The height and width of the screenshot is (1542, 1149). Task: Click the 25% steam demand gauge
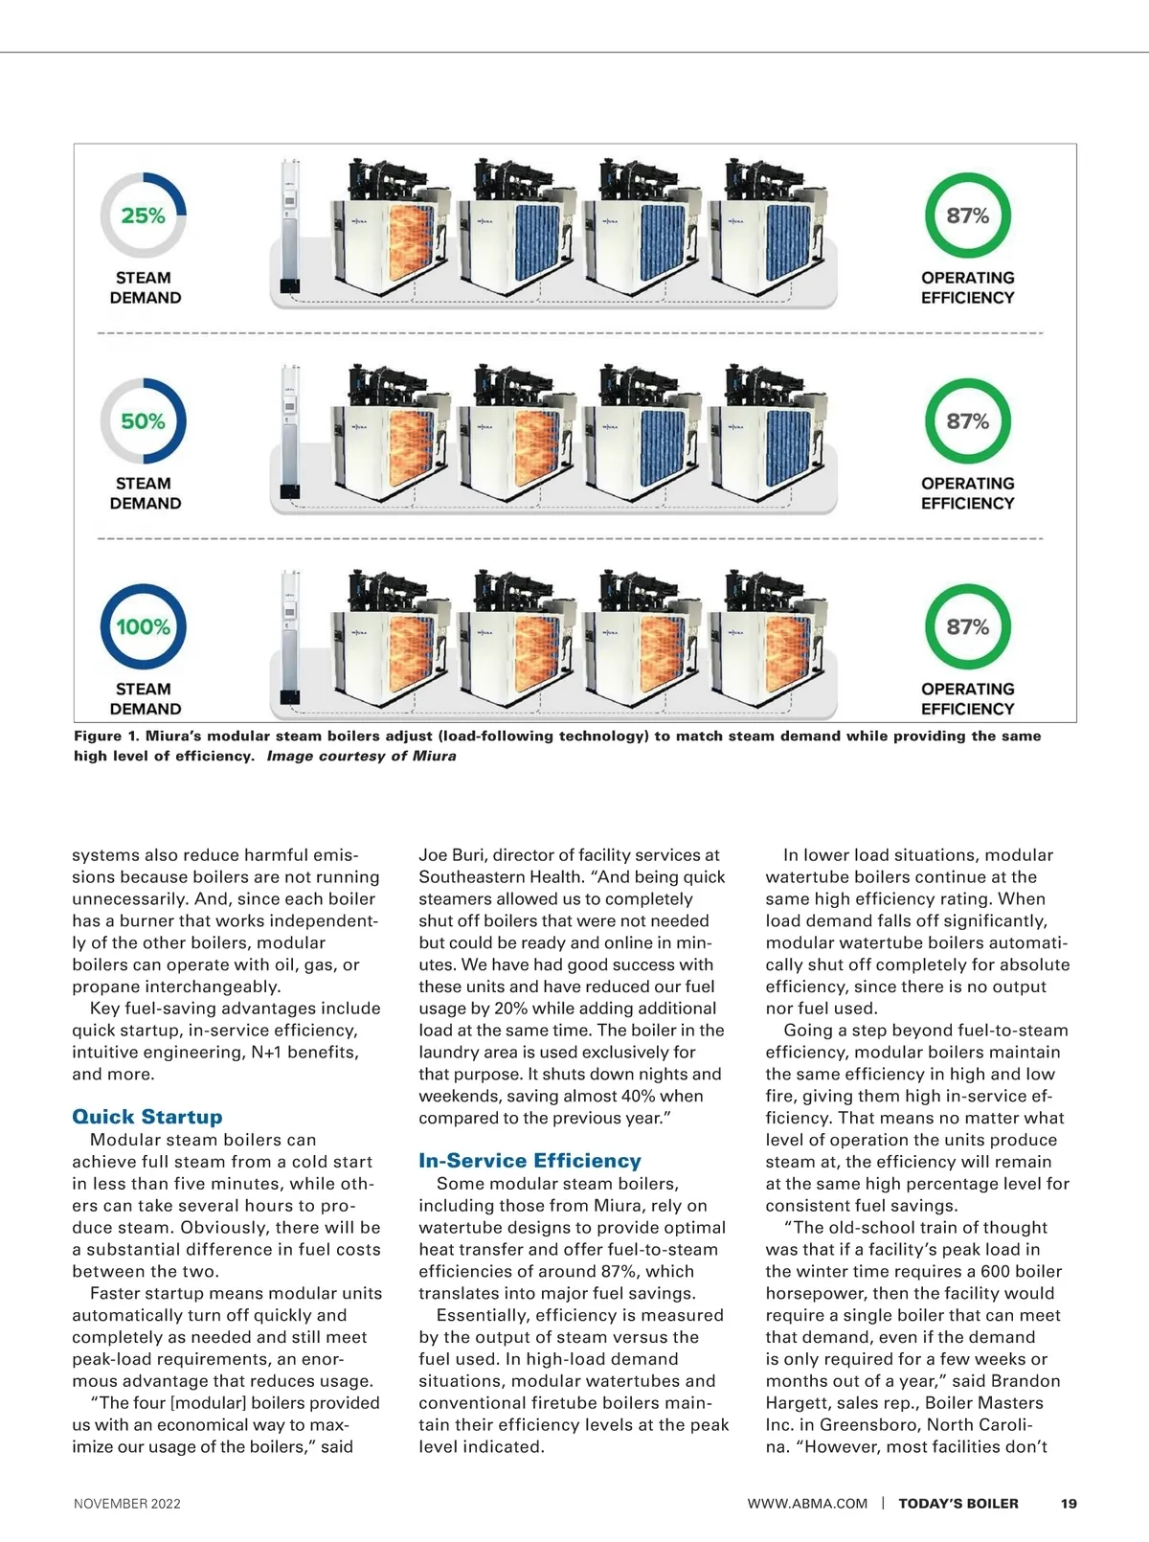(x=144, y=215)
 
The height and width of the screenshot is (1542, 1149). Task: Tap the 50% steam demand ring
(x=144, y=421)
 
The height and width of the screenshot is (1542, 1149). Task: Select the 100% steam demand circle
(x=144, y=627)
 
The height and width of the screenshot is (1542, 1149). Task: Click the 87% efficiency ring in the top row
(x=967, y=215)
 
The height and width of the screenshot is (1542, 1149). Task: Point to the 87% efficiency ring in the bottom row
(x=967, y=627)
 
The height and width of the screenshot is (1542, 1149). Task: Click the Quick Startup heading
(x=147, y=1117)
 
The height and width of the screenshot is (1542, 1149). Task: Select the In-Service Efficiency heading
(x=529, y=1161)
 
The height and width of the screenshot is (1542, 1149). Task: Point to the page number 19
(x=1069, y=1504)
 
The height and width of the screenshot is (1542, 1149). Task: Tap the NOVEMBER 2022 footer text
(x=127, y=1504)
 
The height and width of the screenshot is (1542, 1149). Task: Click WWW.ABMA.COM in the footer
(x=807, y=1504)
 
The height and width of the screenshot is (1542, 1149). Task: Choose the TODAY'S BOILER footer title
(x=957, y=1504)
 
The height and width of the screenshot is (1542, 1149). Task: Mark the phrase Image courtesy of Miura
(x=361, y=757)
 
